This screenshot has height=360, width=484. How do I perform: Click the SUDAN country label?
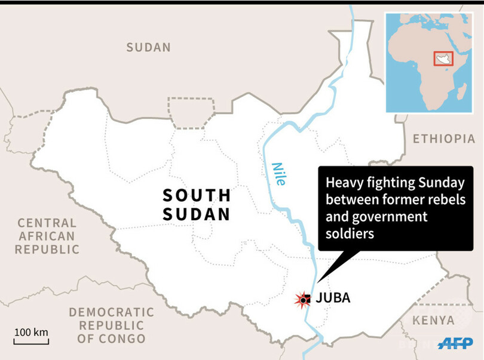(x=148, y=47)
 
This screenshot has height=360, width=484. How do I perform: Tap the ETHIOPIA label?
(x=444, y=139)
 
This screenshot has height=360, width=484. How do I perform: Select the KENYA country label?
(x=433, y=320)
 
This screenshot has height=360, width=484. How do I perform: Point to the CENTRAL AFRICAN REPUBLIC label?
(x=47, y=236)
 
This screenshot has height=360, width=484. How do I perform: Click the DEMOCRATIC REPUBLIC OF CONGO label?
(x=111, y=325)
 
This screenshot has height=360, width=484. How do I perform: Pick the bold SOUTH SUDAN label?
(x=197, y=205)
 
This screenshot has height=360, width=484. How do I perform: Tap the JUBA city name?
(x=333, y=297)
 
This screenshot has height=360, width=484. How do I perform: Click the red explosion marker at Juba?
(x=304, y=299)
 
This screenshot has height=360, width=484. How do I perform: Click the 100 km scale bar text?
(x=32, y=332)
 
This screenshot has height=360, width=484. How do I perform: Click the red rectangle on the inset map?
(x=443, y=59)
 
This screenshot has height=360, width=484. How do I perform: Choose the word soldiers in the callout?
(x=350, y=233)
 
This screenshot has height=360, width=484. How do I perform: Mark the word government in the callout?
(x=395, y=216)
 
